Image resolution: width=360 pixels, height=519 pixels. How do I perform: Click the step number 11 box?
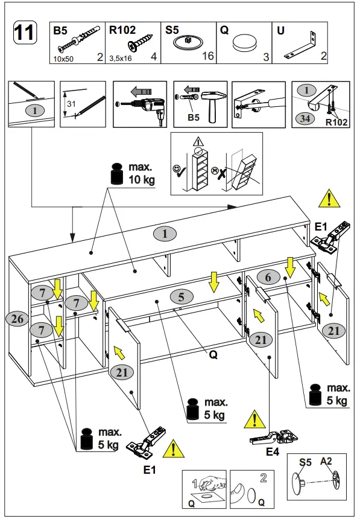pyautogui.click(x=25, y=33)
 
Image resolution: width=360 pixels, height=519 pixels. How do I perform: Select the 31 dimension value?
pyautogui.click(x=71, y=104)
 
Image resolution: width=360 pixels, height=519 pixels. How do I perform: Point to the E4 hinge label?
pyautogui.click(x=273, y=451)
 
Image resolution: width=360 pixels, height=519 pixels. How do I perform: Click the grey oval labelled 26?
pyautogui.click(x=17, y=319)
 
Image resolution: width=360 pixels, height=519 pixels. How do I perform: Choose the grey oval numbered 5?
pyautogui.click(x=181, y=297)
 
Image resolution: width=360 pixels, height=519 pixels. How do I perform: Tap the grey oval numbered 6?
pyautogui.click(x=268, y=277)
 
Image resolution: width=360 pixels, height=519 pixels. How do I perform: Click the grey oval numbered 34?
pyautogui.click(x=305, y=118)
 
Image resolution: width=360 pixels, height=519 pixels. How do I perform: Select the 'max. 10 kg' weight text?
pyautogui.click(x=142, y=173)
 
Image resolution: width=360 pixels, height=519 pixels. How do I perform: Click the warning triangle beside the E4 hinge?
pyautogui.click(x=254, y=419)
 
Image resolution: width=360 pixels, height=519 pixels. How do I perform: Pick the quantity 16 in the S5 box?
pyautogui.click(x=208, y=56)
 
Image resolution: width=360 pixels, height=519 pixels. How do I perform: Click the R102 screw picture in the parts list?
pyautogui.click(x=141, y=43)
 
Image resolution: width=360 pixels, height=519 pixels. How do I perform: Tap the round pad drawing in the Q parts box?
pyautogui.click(x=244, y=43)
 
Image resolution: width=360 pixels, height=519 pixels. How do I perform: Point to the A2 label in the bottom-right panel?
pyautogui.click(x=326, y=461)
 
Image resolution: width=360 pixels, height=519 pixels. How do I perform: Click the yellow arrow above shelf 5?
pyautogui.click(x=214, y=282)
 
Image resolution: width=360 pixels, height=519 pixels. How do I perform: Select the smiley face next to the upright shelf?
pyautogui.click(x=176, y=170)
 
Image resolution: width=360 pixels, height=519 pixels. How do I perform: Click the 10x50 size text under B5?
pyautogui.click(x=63, y=59)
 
